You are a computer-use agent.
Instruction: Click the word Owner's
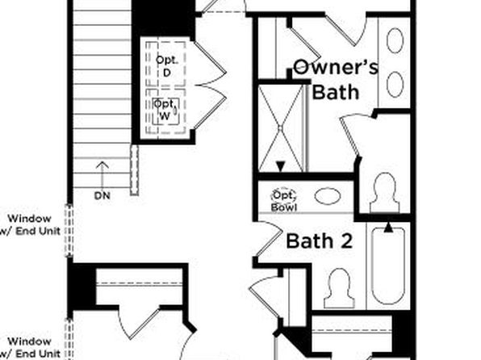tap(336, 67)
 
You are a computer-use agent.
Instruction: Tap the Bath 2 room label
tap(320, 241)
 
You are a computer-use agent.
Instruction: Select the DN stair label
tap(102, 196)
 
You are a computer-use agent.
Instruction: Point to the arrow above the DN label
tap(102, 174)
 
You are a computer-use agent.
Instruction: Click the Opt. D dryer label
tap(166, 66)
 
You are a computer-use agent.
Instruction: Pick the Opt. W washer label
tap(165, 110)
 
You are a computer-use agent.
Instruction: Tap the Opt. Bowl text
tap(284, 201)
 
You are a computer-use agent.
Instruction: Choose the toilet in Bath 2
tap(340, 288)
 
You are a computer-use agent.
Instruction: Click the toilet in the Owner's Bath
tap(385, 192)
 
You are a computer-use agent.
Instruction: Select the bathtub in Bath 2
tap(387, 266)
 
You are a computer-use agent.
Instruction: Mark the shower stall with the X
tap(280, 128)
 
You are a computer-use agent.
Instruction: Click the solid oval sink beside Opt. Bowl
tap(328, 196)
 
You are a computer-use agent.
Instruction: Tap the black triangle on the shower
tap(280, 166)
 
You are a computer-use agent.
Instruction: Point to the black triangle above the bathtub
tap(388, 227)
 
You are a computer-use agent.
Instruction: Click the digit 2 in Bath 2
tap(346, 241)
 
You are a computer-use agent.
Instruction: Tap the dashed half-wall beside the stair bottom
tap(134, 170)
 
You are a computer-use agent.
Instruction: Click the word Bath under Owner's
tap(335, 92)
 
